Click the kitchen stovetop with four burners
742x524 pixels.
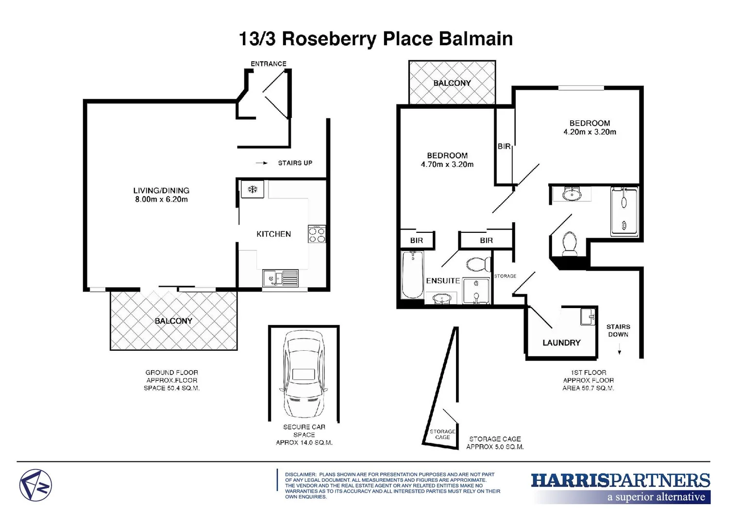[317, 234]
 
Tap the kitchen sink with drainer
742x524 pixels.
[280, 278]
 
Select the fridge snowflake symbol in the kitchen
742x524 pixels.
[253, 189]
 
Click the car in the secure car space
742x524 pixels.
[304, 374]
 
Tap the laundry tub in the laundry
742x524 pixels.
[588, 317]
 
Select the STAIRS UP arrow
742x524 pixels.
[262, 163]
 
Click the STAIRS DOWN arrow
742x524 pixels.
[619, 351]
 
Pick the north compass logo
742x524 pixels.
[35, 485]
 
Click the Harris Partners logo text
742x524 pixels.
[620, 480]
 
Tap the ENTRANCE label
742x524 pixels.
[269, 64]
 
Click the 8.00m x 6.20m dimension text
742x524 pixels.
[161, 199]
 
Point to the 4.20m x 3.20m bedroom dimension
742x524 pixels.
[590, 132]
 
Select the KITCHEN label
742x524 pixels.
[273, 234]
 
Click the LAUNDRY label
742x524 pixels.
[561, 343]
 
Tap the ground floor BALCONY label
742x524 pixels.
[173, 321]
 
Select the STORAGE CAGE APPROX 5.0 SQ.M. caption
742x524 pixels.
[495, 442]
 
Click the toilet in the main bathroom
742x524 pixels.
[569, 243]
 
